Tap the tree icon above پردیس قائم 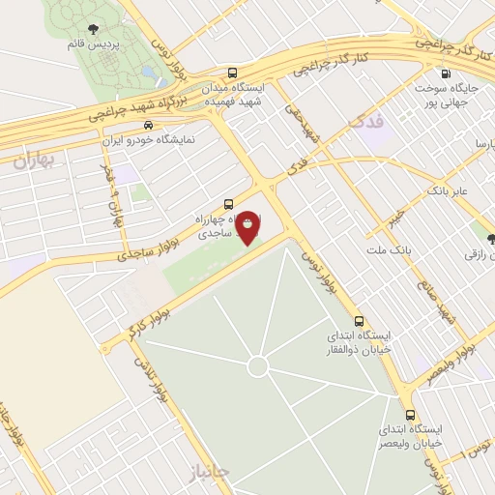coord(93,29)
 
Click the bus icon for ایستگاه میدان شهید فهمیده coord(232,73)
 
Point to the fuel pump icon coord(445,73)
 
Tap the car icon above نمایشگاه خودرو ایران coord(147,125)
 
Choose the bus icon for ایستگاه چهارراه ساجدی coord(228,204)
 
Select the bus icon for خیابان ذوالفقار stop coord(360,320)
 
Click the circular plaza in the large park coord(257,366)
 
